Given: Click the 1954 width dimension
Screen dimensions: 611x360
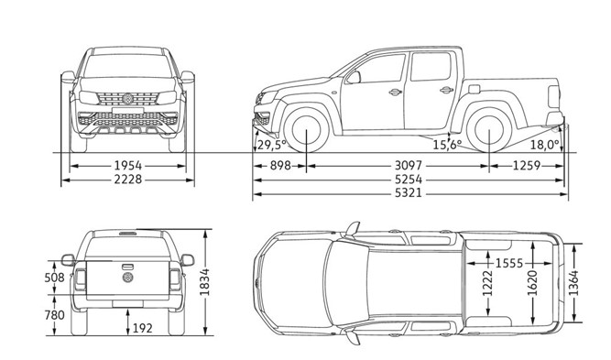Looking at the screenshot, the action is point(128,166).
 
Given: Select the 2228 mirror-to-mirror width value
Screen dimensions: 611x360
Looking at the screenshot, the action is point(128,180).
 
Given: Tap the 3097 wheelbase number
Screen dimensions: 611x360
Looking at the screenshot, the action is point(409,166).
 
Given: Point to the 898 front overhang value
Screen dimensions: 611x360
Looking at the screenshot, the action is point(280,166).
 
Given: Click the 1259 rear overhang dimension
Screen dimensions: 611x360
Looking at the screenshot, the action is point(527,166).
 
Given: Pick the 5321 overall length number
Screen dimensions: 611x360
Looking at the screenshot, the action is point(409,193).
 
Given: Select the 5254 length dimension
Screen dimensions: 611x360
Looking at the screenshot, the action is point(409,180).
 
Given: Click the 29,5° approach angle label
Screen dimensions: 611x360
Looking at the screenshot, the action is point(271,145).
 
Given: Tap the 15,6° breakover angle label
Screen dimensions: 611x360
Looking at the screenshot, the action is point(447,145).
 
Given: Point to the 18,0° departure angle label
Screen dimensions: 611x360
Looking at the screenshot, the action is point(545,145).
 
